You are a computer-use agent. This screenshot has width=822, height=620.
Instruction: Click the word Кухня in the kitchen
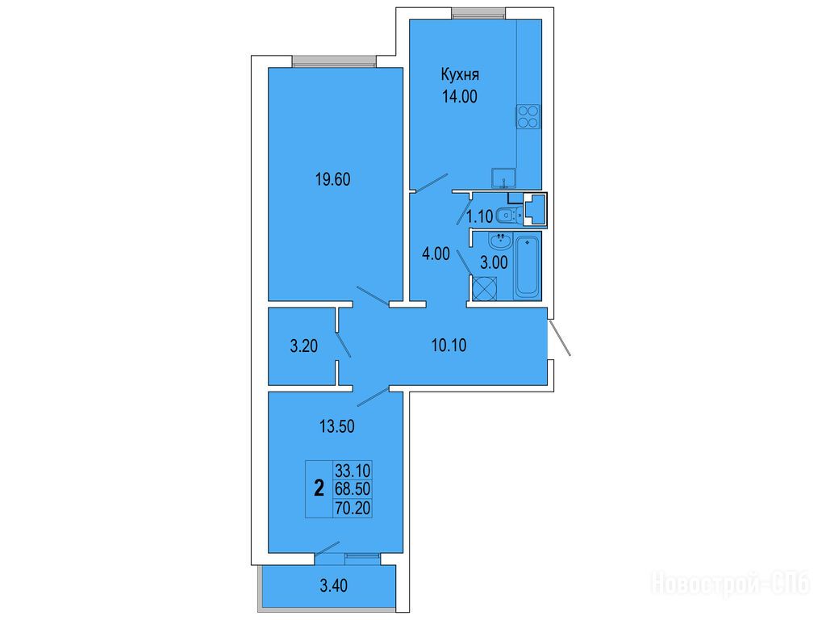click(x=460, y=75)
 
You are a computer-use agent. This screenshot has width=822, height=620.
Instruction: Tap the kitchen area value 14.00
click(x=460, y=97)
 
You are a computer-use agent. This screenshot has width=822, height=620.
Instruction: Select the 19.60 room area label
click(x=333, y=180)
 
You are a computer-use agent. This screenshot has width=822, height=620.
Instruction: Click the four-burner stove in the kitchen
click(x=528, y=116)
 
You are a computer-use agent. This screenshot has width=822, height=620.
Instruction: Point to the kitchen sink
click(x=503, y=178)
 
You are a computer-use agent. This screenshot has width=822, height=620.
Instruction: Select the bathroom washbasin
click(x=500, y=242)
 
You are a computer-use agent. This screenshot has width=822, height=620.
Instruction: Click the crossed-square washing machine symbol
click(x=484, y=288)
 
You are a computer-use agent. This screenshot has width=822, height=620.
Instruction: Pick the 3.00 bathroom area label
click(x=494, y=263)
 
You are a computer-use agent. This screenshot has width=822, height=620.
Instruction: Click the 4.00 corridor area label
click(x=436, y=253)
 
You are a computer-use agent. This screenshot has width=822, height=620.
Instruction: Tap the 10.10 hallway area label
click(x=449, y=346)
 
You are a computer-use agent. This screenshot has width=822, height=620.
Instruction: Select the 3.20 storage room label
click(x=304, y=346)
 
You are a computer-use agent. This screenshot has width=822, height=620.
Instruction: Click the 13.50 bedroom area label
click(x=337, y=426)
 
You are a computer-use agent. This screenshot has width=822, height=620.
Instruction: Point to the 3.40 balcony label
click(x=333, y=584)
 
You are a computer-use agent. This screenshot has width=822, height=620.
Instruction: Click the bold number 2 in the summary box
click(x=319, y=489)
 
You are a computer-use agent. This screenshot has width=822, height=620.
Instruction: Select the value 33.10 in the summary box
click(x=353, y=470)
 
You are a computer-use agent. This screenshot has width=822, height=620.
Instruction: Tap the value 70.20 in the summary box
click(x=353, y=508)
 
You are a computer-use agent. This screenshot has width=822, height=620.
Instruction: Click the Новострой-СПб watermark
click(x=731, y=584)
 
